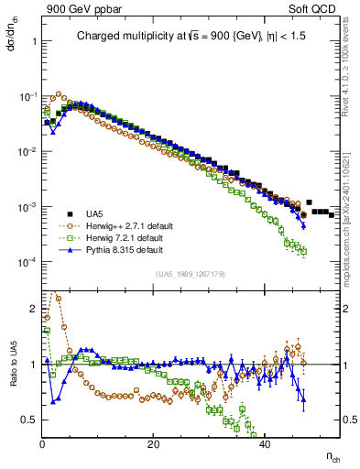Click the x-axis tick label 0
point(42,444)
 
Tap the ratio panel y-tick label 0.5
point(30,420)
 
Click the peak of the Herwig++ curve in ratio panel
point(53,295)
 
